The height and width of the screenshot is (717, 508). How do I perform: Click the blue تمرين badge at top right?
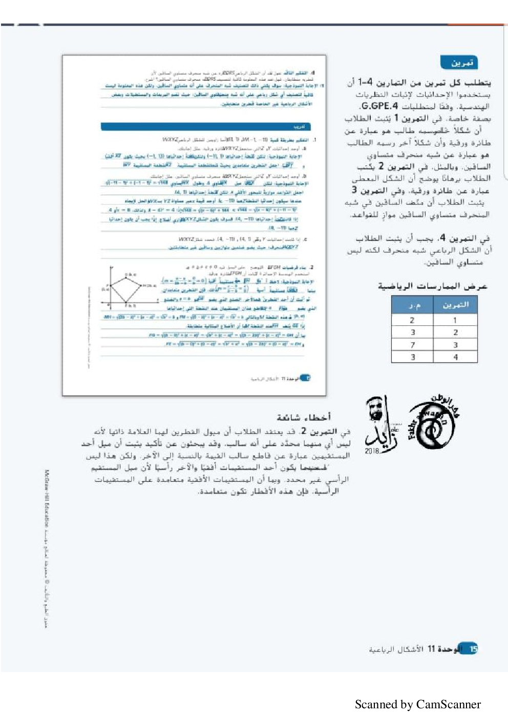point(458,62)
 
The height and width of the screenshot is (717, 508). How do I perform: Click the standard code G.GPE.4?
point(379,106)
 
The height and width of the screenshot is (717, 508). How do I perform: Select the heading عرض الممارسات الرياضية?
point(432,286)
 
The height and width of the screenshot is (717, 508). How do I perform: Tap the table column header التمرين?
point(455,305)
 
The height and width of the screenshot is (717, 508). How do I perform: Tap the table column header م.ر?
point(413,305)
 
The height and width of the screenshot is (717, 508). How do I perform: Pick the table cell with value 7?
point(412,345)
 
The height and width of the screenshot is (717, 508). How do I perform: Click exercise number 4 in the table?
point(455,357)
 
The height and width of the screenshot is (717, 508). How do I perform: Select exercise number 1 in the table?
point(455,320)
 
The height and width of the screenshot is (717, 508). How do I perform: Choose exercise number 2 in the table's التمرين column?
point(455,332)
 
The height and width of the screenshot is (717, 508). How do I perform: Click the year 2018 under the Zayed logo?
point(372,451)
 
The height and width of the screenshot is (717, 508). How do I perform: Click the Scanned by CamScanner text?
point(418,704)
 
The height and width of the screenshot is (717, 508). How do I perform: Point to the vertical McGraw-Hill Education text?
point(47,499)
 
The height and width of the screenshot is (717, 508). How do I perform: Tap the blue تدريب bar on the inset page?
point(205,126)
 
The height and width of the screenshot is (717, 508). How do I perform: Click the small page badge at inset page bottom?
point(305,378)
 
